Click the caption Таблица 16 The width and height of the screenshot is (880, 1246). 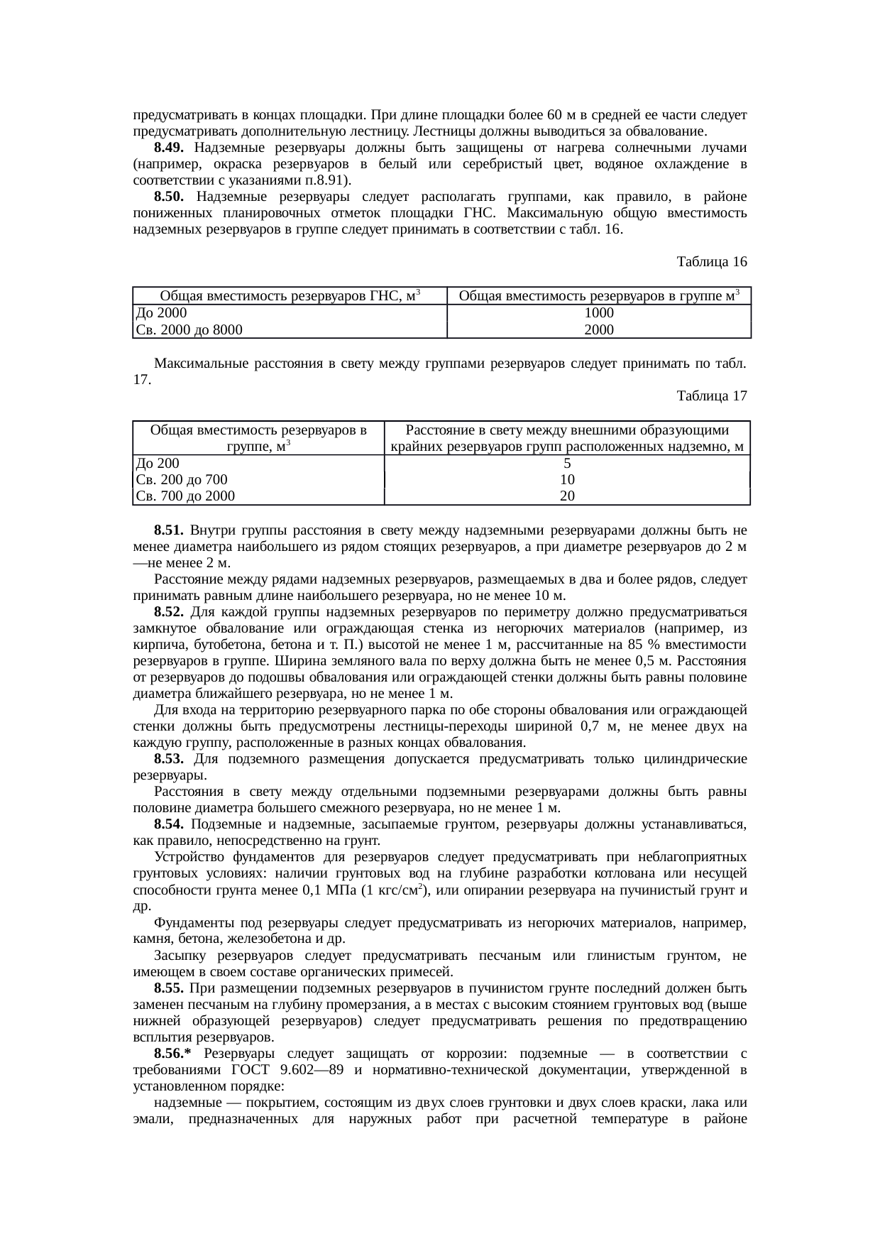point(712,262)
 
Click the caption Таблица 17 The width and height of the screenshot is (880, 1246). point(712,395)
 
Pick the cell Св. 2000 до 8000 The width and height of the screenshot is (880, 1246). point(189,329)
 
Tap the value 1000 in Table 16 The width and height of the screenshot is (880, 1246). point(598,313)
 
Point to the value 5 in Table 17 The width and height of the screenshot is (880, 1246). point(566,464)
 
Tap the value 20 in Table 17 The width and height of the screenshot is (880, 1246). point(566,496)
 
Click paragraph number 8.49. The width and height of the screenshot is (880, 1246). point(169,148)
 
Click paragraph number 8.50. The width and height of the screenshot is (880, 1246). point(169,196)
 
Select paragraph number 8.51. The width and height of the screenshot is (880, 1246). point(169,530)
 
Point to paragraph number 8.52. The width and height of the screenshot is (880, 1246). point(169,612)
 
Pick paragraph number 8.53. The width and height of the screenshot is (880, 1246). point(169,760)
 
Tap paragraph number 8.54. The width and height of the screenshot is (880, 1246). point(169,824)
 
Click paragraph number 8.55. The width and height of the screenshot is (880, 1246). point(169,988)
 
